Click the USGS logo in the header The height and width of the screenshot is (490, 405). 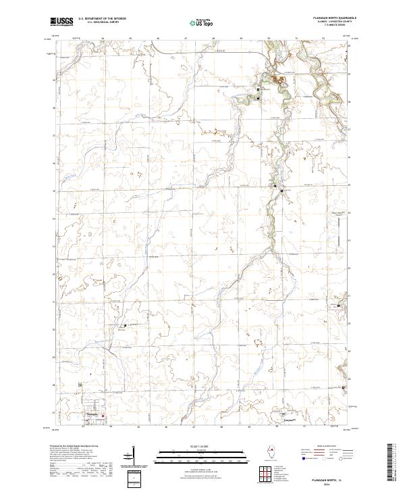[x=61, y=22]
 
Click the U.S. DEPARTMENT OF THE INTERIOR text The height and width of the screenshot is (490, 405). [x=102, y=19]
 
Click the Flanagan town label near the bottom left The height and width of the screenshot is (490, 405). [x=90, y=415]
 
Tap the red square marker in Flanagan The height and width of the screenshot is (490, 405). [x=103, y=416]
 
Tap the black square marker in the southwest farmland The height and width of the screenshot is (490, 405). [x=125, y=326]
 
